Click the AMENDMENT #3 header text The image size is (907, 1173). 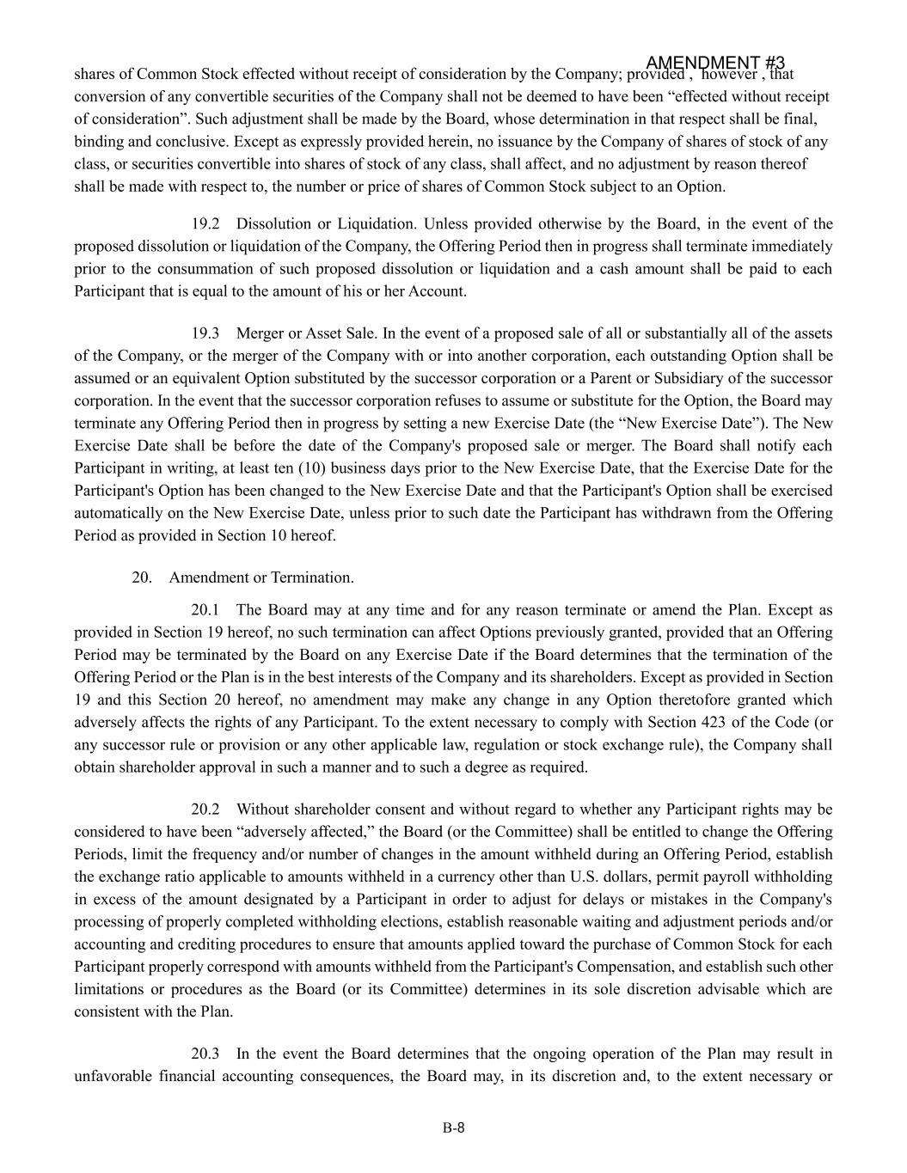click(x=714, y=63)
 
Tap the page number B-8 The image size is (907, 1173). click(x=454, y=1128)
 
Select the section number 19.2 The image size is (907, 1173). click(x=205, y=224)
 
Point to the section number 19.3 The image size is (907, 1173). click(x=205, y=333)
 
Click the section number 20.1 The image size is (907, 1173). click(x=205, y=610)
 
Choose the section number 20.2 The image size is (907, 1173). click(x=205, y=809)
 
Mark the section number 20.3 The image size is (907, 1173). click(x=205, y=1054)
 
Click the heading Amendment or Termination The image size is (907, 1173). click(x=261, y=577)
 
